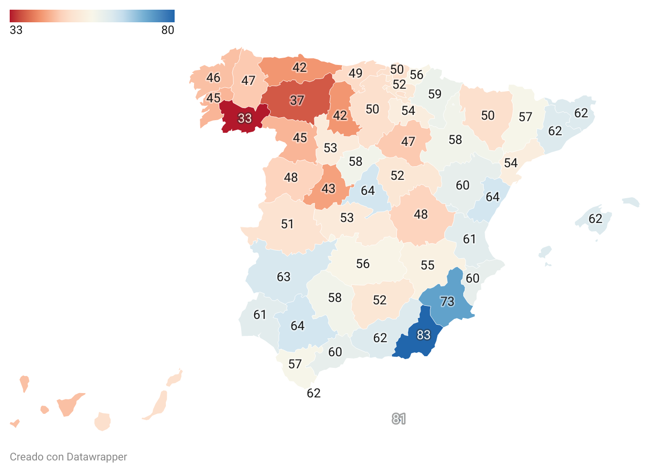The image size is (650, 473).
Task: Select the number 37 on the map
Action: pyautogui.click(x=297, y=100)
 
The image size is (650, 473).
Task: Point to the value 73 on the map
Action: pyautogui.click(x=447, y=301)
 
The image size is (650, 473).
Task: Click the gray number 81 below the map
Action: pyautogui.click(x=399, y=419)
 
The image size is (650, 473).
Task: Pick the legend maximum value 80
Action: pyautogui.click(x=168, y=30)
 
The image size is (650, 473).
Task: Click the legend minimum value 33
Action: pyautogui.click(x=16, y=30)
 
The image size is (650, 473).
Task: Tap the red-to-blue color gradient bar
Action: pyautogui.click(x=92, y=16)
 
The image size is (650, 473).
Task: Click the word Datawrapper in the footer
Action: pyautogui.click(x=97, y=457)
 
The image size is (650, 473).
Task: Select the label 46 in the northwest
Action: pyautogui.click(x=213, y=78)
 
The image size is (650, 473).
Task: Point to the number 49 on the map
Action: pyautogui.click(x=356, y=73)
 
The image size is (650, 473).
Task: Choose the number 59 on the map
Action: pyautogui.click(x=435, y=94)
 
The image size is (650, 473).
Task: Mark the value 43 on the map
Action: pyautogui.click(x=328, y=189)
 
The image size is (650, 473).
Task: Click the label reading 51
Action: pyautogui.click(x=287, y=224)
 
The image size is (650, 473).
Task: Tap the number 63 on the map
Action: pyautogui.click(x=283, y=277)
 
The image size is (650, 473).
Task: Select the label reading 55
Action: pyautogui.click(x=427, y=265)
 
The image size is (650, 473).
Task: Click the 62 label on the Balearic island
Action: pyautogui.click(x=596, y=219)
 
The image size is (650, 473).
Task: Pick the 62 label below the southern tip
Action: pyautogui.click(x=314, y=393)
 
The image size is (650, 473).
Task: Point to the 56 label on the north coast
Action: pyautogui.click(x=416, y=75)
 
